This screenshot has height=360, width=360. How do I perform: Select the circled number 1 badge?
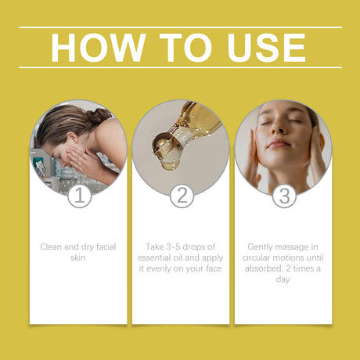tap(79, 196)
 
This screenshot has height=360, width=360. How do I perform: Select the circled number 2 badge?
tap(181, 196)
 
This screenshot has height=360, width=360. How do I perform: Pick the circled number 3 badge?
tap(283, 196)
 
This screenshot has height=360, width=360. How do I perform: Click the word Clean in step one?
tap(52, 247)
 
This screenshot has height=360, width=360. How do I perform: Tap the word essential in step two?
tap(157, 257)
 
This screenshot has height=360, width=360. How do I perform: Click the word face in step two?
tap(213, 268)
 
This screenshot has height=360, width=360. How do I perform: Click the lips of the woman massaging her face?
tap(279, 143)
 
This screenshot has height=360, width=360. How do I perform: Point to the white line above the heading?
tap(180, 27)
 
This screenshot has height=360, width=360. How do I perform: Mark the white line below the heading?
tap(180, 67)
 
